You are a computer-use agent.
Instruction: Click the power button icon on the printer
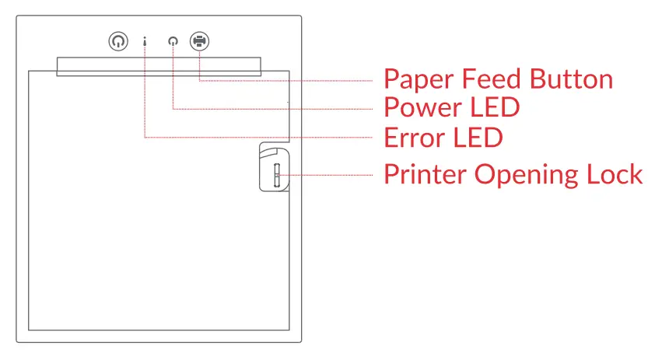coord(117,42)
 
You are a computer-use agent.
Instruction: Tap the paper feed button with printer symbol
coord(200,42)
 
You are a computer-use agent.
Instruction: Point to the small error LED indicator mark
coord(145,42)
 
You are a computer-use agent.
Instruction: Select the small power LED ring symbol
coord(173,43)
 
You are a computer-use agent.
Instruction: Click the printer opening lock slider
coord(275,175)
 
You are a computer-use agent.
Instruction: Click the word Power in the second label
coord(422,107)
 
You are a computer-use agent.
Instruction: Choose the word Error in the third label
coord(414,138)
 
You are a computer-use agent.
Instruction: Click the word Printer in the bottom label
coord(426,174)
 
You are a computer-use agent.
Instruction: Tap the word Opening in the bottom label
coord(524,174)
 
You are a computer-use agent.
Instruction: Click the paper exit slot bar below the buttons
coord(159,65)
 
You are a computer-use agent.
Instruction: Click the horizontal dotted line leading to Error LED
coord(257,138)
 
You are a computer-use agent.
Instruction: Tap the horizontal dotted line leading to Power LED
coord(272,109)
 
